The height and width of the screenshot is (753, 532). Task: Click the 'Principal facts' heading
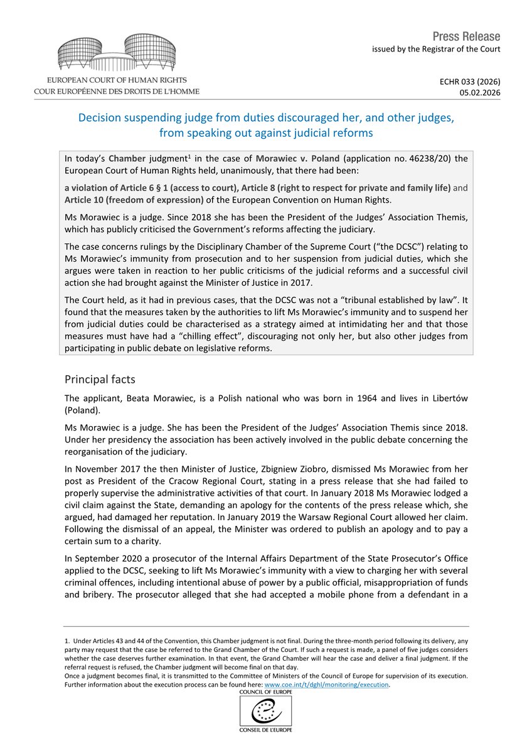[99, 380]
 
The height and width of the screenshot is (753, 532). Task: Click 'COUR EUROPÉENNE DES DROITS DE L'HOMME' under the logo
[117, 92]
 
